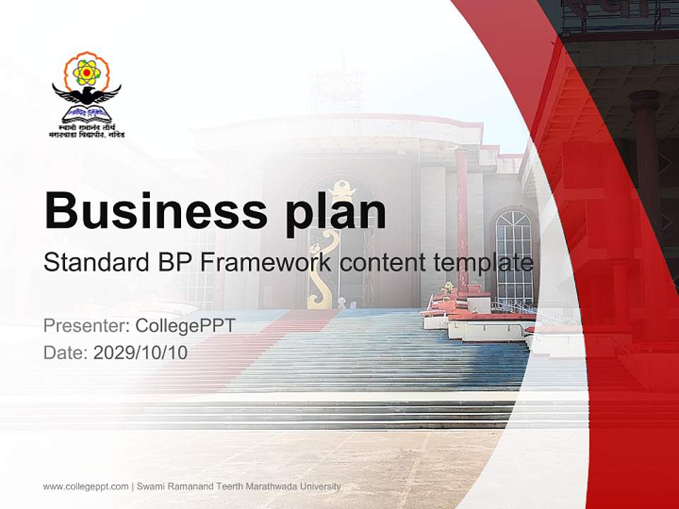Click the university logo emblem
click(86, 94)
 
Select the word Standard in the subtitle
click(95, 263)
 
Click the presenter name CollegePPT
click(185, 326)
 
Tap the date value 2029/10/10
click(140, 352)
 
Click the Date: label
click(66, 352)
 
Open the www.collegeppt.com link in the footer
click(86, 486)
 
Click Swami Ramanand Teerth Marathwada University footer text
click(238, 486)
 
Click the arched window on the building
click(513, 255)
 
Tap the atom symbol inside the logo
click(86, 71)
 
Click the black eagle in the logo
click(86, 94)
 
